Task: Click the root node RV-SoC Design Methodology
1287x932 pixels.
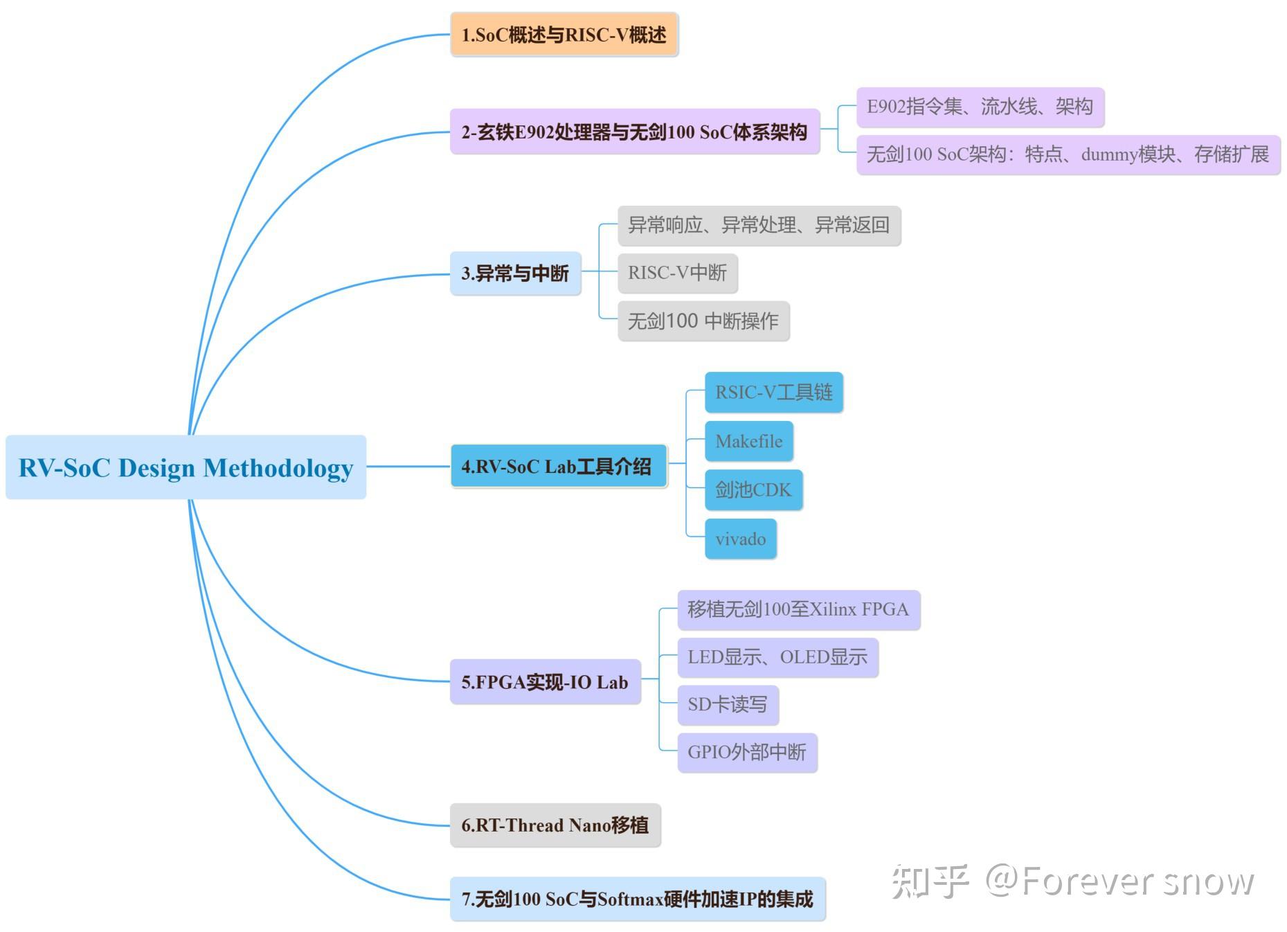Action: point(186,467)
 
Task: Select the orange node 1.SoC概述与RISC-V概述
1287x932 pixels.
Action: point(564,35)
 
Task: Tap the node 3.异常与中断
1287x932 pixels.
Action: point(515,274)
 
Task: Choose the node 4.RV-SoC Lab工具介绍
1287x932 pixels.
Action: point(558,467)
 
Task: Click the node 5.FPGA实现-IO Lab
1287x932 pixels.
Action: point(545,682)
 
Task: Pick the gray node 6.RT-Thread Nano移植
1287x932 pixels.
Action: point(555,825)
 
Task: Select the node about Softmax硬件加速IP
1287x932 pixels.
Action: point(637,899)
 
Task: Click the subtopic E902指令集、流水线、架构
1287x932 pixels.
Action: point(980,107)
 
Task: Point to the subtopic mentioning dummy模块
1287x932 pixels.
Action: point(1068,154)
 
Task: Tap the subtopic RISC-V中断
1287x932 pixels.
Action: point(677,273)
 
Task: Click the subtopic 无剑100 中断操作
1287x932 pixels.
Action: point(703,321)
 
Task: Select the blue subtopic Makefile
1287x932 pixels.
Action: point(748,441)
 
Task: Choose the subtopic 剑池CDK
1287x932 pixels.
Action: point(753,490)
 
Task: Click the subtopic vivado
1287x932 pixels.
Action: point(740,539)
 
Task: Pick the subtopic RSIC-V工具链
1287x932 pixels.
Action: point(773,393)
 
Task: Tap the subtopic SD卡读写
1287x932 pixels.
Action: point(727,705)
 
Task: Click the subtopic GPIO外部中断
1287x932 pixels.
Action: point(746,753)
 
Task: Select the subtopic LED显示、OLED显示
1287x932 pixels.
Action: point(777,657)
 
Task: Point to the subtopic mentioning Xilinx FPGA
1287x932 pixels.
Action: point(798,609)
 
